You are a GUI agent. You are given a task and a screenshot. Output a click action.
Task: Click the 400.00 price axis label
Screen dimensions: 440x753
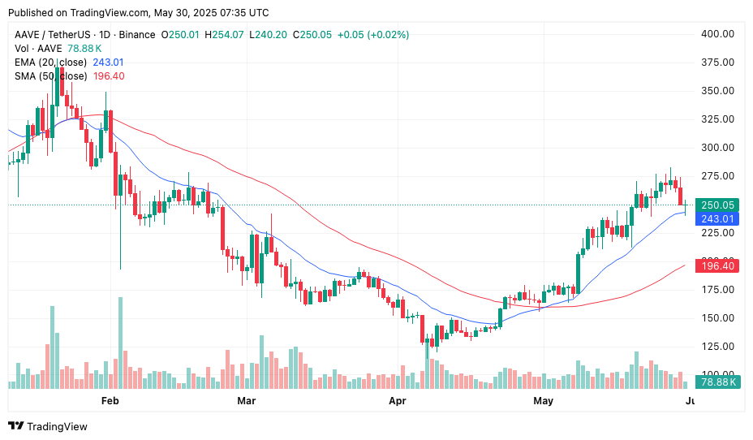tap(717, 34)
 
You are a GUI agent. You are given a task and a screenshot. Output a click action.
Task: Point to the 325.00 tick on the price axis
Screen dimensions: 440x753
tap(717, 119)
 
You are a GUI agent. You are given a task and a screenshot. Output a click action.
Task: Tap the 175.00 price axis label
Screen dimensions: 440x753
tap(717, 290)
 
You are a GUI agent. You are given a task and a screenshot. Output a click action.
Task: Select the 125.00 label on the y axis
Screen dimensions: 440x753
tap(717, 347)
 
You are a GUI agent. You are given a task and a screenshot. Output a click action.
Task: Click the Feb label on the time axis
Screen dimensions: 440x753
tap(110, 401)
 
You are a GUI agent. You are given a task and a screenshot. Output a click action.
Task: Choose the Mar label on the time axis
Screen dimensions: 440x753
tap(246, 401)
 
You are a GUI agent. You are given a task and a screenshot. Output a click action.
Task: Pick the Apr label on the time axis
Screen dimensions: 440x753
tap(398, 401)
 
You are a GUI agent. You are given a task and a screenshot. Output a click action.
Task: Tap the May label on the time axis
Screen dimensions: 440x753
tap(543, 401)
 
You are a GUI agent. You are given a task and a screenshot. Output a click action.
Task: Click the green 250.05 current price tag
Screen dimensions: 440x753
tap(717, 205)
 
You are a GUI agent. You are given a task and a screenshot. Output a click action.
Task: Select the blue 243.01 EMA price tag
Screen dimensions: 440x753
tap(717, 218)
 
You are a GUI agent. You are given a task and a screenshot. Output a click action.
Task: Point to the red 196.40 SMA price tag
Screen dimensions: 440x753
tap(717, 265)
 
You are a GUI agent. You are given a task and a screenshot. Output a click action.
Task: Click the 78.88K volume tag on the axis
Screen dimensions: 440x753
tap(718, 382)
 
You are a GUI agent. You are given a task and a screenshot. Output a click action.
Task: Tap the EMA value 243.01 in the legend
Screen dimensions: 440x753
tap(108, 63)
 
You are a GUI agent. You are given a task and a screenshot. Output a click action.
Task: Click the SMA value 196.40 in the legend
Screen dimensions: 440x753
tap(109, 76)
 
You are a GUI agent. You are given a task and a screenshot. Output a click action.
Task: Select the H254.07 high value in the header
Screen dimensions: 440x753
tap(225, 35)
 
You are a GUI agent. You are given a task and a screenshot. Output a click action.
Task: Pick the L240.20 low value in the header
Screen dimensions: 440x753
tap(269, 35)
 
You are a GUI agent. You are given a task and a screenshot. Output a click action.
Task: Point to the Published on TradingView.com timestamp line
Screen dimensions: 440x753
tap(139, 13)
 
